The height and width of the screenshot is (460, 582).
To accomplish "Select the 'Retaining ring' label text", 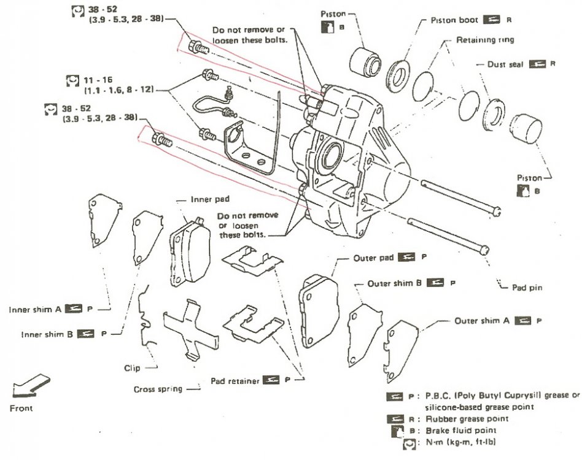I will [485, 39].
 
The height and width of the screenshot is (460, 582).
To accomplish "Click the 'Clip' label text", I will [131, 368].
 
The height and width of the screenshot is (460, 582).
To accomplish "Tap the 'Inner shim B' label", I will [47, 335].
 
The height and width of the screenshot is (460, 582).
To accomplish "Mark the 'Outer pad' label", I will [373, 258].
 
